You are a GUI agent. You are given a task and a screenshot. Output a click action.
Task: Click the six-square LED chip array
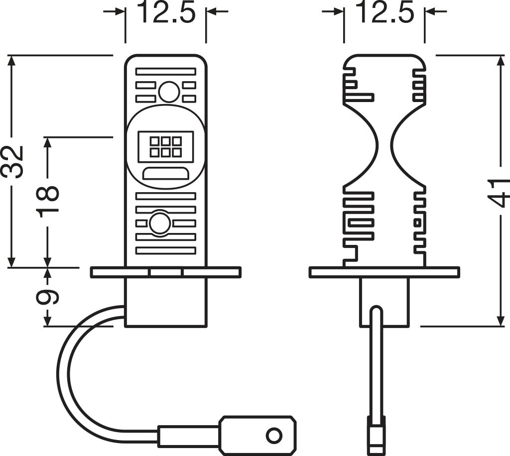click(165, 146)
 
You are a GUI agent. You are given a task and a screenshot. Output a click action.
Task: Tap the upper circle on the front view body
click(169, 92)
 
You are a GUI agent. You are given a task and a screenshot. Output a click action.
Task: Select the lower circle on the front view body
click(160, 224)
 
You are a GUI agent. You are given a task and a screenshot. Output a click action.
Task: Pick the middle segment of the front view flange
click(166, 272)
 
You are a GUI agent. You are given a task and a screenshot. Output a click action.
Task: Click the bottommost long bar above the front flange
click(165, 250)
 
